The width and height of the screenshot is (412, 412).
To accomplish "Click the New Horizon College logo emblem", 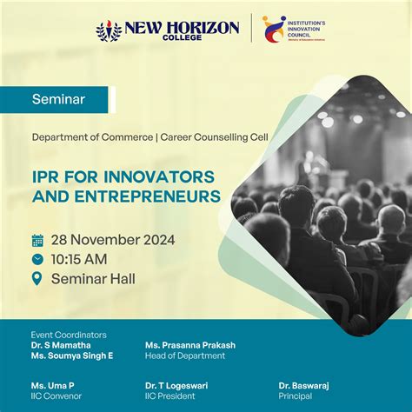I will [x=109, y=30].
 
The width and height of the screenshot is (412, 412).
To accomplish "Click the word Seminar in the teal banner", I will [x=58, y=99].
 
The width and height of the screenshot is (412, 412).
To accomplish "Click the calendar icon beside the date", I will [x=37, y=240].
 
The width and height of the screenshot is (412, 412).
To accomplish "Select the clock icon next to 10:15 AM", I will [x=37, y=259].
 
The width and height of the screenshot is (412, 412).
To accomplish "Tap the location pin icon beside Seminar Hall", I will [x=37, y=279].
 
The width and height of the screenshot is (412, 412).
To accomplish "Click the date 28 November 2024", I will [x=113, y=240].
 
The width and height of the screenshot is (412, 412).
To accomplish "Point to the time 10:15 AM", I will [x=81, y=259].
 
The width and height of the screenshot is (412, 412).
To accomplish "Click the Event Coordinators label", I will [x=69, y=335].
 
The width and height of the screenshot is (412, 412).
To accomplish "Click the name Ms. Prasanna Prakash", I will [x=190, y=345].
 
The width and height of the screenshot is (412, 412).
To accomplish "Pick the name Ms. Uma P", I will [x=52, y=385].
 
